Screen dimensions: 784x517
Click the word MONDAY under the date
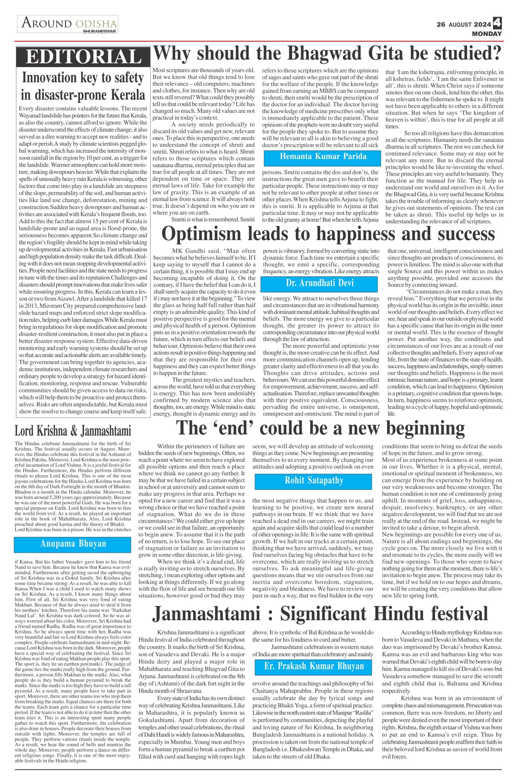coord(487,34)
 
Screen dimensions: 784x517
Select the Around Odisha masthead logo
coord(68,24)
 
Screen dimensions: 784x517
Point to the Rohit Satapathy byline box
coord(314,481)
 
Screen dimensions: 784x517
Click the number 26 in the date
coord(441,24)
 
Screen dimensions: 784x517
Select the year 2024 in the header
coord(482,24)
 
